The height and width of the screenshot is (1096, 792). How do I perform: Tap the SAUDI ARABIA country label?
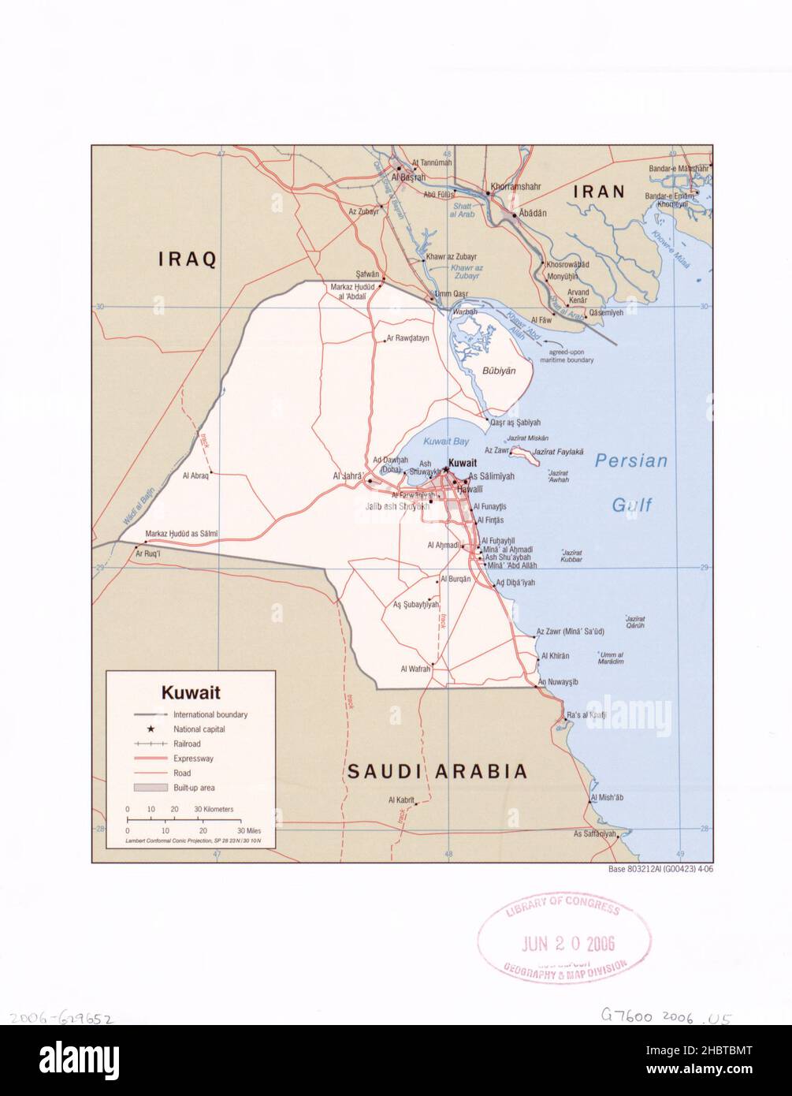point(437,771)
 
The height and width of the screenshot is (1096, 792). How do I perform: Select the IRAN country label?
point(598,191)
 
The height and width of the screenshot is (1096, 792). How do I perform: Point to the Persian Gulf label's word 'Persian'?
point(630,461)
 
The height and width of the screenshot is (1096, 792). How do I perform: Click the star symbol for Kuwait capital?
point(445,470)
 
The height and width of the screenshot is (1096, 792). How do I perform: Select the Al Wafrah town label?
point(415,669)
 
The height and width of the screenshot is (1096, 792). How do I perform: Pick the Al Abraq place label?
point(195,475)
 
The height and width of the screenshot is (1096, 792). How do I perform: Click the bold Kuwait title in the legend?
point(191,694)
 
